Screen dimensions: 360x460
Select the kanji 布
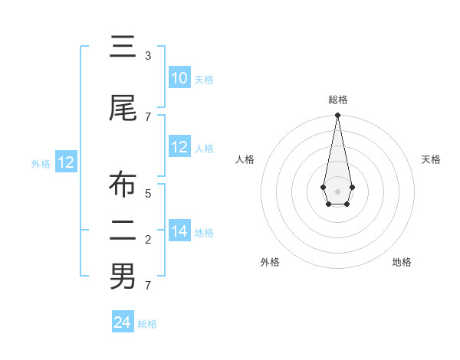[122, 185]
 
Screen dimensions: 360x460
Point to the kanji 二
[122, 231]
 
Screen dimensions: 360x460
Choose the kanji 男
[122, 276]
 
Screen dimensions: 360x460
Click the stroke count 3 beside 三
[147, 56]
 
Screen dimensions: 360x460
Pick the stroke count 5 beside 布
[147, 194]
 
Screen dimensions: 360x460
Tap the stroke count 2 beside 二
[147, 240]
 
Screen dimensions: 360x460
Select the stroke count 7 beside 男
[147, 286]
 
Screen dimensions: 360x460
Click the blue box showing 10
[179, 78]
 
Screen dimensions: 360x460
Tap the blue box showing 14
[179, 231]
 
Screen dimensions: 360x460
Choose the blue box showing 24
[122, 322]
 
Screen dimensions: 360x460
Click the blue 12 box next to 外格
[65, 162]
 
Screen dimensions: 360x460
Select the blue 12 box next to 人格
[179, 147]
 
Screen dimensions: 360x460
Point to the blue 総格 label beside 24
[147, 324]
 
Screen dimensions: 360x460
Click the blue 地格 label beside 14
[204, 233]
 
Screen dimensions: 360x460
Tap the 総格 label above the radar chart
[337, 100]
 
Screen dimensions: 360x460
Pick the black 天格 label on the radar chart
[431, 159]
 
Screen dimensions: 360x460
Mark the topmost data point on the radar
[337, 116]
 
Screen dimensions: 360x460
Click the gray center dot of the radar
[337, 191]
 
